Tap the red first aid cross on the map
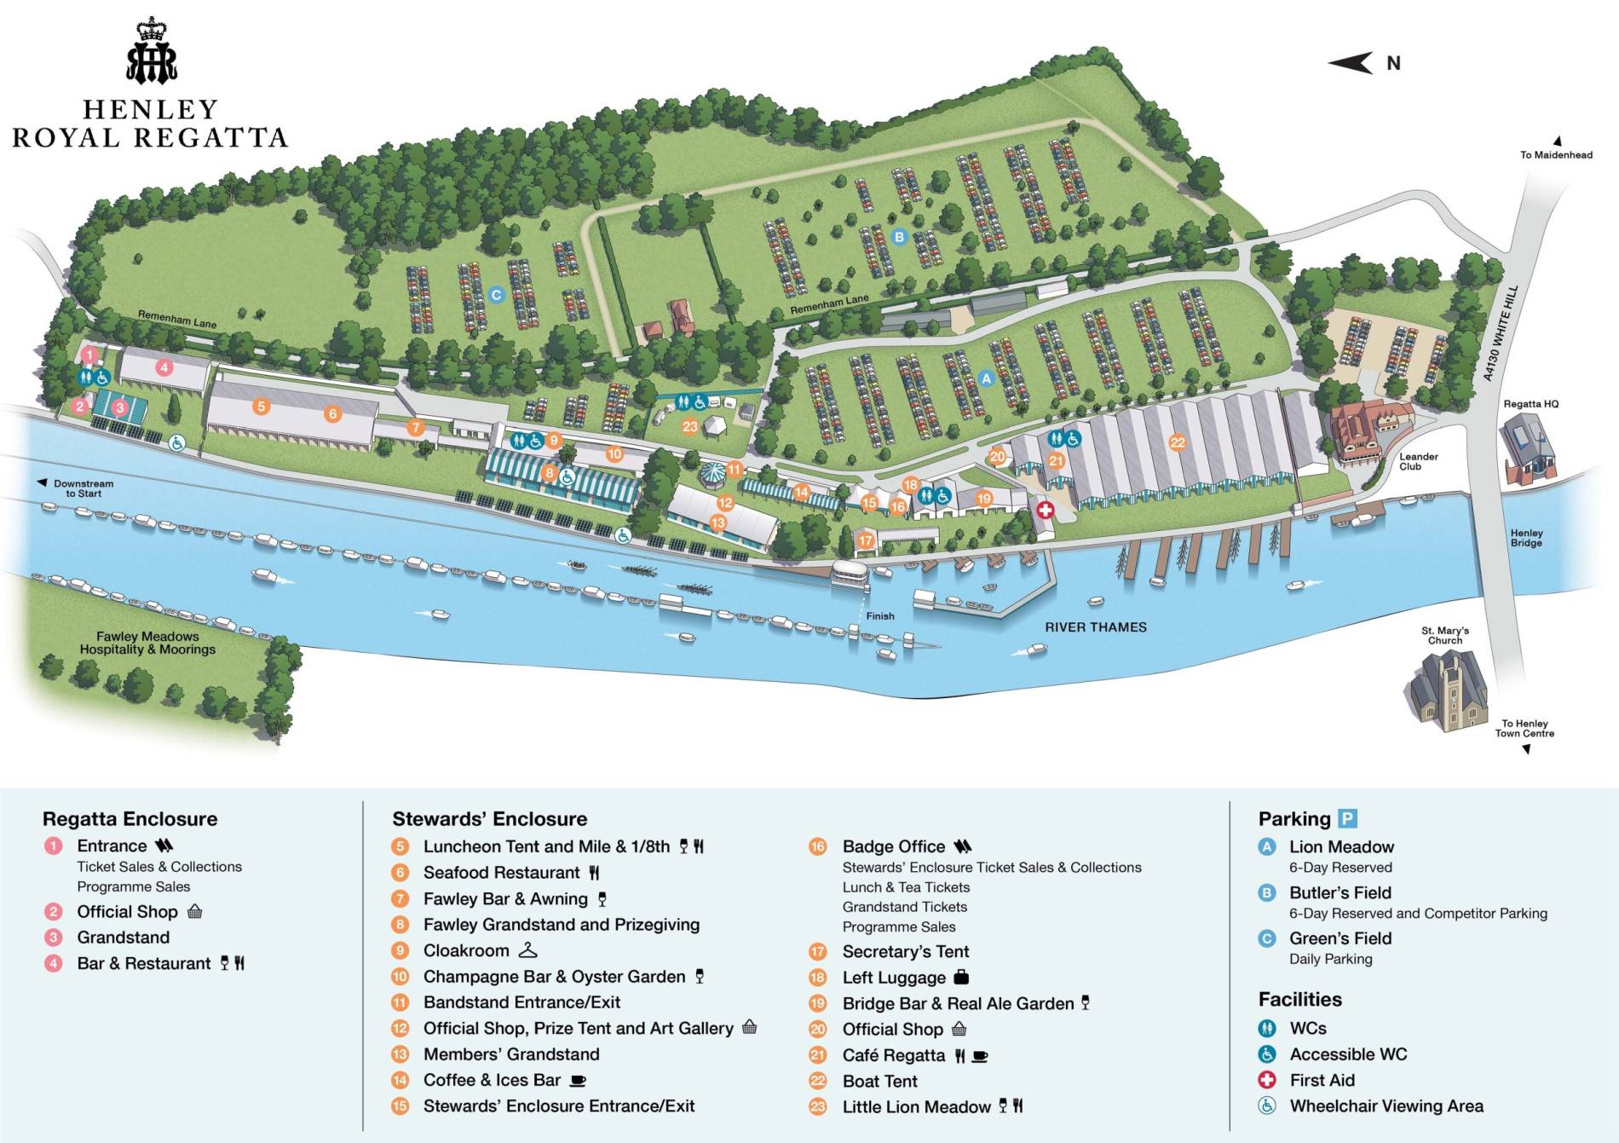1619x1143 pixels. (1045, 510)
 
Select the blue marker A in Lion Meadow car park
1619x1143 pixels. (986, 378)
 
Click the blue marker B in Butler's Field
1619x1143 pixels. (898, 237)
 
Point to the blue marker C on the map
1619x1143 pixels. (496, 295)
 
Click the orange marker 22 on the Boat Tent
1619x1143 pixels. (1177, 442)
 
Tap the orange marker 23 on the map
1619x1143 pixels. (689, 426)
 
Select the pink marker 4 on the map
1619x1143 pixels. (164, 367)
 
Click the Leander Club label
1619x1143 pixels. (1418, 461)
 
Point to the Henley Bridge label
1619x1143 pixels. (1526, 538)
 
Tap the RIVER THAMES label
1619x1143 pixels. (1095, 627)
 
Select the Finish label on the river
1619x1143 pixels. (880, 615)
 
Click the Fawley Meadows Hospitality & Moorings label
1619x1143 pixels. (147, 643)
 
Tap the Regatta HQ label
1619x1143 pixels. (1530, 404)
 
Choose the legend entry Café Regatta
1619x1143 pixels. (893, 1055)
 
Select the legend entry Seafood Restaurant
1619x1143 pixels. (501, 873)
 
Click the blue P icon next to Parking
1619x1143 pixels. (1347, 818)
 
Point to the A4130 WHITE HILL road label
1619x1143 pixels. (1500, 333)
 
